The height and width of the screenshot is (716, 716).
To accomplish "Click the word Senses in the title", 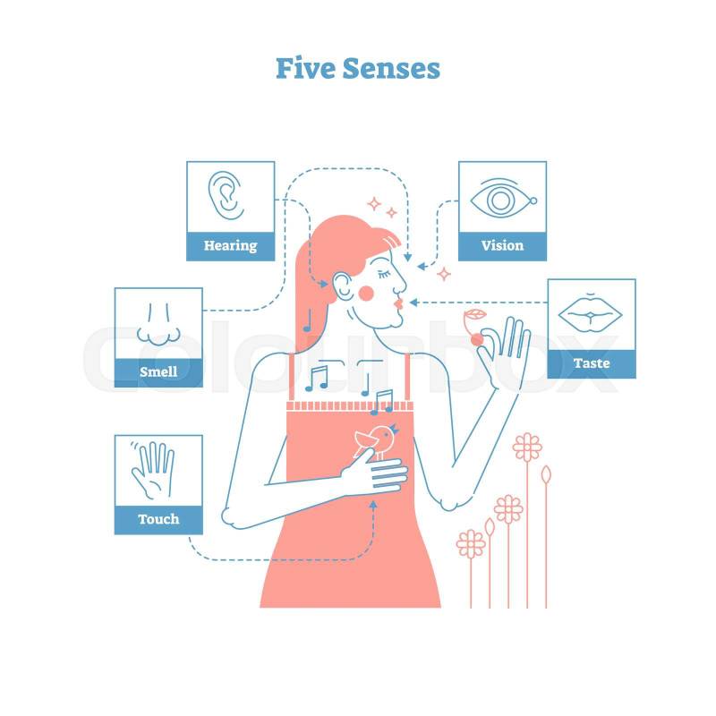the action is pos(391,69).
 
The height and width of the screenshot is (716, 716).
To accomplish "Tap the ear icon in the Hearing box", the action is pos(226,195).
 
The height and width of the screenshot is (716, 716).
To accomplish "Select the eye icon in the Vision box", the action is pos(503,200).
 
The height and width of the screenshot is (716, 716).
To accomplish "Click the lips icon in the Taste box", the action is pos(590,314).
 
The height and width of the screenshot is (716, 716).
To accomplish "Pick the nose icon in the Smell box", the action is pos(158,324).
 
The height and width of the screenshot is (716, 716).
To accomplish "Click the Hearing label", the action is pos(230,245).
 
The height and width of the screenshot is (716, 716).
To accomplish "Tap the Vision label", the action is pos(502,245).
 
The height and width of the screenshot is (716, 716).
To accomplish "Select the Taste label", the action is pos(592,363).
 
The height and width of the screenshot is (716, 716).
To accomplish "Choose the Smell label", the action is pos(158,371).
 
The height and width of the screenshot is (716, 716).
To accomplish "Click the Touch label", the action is pos(158,519).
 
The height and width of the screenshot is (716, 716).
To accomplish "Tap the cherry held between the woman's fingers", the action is pos(477,340).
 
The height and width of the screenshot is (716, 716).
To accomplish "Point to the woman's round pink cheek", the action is pos(366,294).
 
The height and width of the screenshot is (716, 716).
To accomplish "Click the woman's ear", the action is pos(342,286).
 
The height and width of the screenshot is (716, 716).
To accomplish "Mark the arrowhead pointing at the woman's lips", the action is pos(413,303).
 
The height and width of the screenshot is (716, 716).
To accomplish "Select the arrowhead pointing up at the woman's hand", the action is pos(373,505).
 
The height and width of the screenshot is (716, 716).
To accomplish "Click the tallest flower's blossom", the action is pos(527,447).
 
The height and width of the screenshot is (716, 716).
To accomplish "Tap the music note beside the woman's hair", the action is pos(308,320).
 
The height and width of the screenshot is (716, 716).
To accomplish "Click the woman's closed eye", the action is pos(383,275).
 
